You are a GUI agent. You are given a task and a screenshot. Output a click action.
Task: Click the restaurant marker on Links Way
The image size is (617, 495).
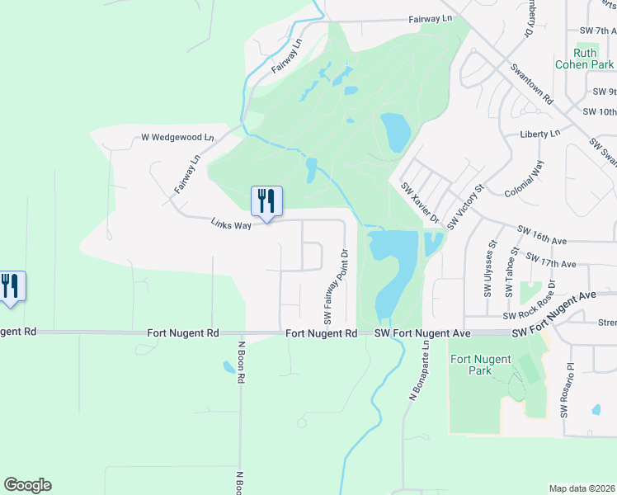point(266,200)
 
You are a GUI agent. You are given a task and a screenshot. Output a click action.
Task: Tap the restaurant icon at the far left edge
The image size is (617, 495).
point(10,286)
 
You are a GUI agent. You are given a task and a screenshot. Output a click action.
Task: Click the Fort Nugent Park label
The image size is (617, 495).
point(483,365)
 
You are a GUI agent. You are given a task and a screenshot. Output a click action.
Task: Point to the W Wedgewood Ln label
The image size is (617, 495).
point(177,137)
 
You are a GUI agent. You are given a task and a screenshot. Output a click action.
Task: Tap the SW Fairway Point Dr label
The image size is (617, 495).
point(336,286)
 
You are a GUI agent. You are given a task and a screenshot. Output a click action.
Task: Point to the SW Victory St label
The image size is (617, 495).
point(465,207)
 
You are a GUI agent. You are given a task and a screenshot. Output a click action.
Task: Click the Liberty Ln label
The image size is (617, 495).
point(539,133)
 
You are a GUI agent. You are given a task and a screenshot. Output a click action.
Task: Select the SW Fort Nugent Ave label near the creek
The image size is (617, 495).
point(422,333)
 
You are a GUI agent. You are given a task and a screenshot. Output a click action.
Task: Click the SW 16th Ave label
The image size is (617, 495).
point(543,235)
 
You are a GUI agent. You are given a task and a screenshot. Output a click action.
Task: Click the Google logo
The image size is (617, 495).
point(27,485)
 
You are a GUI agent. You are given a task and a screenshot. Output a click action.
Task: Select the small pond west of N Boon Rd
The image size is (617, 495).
point(228,366)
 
